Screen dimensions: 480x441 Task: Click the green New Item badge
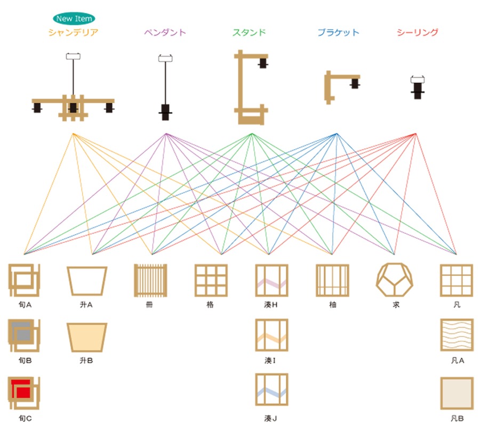74,19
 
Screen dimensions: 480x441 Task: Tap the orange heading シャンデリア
73,32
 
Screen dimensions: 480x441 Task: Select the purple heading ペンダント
165,32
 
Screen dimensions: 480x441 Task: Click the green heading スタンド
249,32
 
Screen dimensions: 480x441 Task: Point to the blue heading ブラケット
338,32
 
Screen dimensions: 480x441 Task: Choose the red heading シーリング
418,32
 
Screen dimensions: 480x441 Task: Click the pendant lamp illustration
165,87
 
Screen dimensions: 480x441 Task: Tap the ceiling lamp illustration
417,87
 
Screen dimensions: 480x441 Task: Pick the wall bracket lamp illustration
342,87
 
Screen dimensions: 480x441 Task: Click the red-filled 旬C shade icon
24,393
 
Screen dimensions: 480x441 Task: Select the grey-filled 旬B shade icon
24,335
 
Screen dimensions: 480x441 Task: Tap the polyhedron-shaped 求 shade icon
395,280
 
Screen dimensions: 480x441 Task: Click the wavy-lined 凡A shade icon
457,335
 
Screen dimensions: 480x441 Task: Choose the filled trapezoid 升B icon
87,337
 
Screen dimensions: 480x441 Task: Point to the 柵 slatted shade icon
150,281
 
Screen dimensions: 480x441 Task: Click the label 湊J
270,419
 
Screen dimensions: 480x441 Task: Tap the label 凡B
457,419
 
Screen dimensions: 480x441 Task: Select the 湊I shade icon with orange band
271,335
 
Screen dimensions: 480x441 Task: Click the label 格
210,305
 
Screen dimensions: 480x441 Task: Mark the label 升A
86,305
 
